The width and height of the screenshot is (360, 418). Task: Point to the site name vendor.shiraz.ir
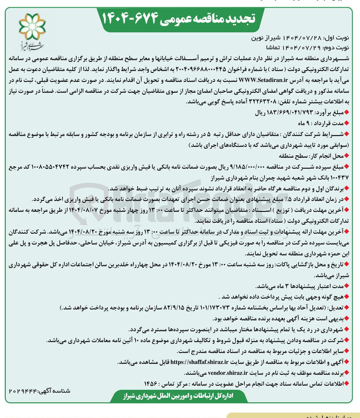pos(228,373)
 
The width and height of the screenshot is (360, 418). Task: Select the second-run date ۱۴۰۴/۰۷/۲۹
pos(302,48)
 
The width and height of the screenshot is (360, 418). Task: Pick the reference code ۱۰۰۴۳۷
pos(340,177)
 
